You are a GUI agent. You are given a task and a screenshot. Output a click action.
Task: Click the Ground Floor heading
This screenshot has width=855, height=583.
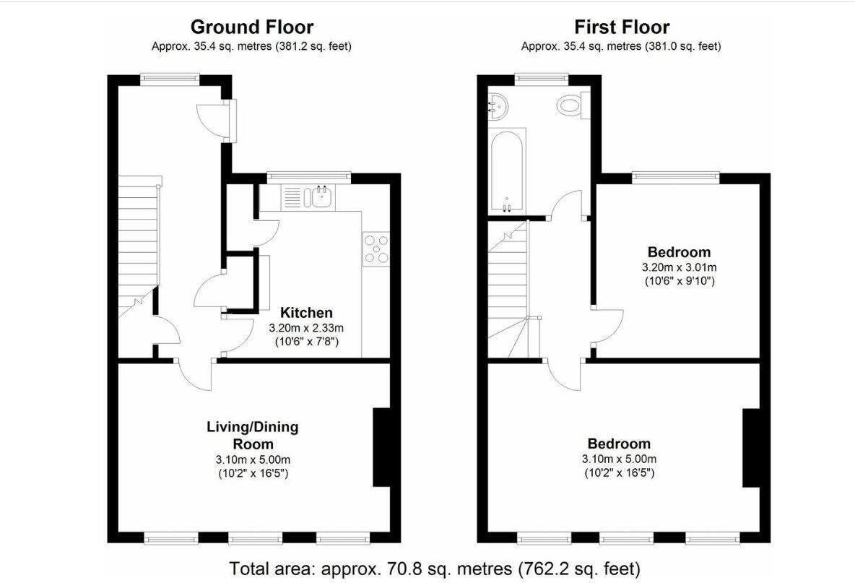coord(251,27)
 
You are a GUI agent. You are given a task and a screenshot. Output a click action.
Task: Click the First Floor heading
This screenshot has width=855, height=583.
coord(621,27)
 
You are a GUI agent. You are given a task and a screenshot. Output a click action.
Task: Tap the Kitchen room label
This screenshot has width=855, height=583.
coord(306,313)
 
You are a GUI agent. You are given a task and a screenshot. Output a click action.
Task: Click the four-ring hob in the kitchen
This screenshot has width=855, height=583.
coord(376,249)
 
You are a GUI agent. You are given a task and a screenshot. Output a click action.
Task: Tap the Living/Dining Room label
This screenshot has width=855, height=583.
coord(253,435)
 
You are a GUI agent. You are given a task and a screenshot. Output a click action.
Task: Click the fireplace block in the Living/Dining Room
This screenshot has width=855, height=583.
coord(381,448)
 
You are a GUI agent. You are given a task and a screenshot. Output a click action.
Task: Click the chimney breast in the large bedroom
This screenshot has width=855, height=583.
coord(752,448)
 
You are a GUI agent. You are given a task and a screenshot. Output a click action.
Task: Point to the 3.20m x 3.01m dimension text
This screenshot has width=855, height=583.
coord(679,267)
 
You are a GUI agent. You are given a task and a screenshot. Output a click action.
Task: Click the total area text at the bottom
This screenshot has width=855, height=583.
coord(434,568)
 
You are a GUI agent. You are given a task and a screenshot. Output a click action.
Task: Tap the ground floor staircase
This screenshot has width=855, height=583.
coord(137,246)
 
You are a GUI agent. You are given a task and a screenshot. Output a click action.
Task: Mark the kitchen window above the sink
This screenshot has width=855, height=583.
coord(308,176)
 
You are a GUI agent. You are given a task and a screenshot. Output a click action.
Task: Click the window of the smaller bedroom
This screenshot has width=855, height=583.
coord(676,176)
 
